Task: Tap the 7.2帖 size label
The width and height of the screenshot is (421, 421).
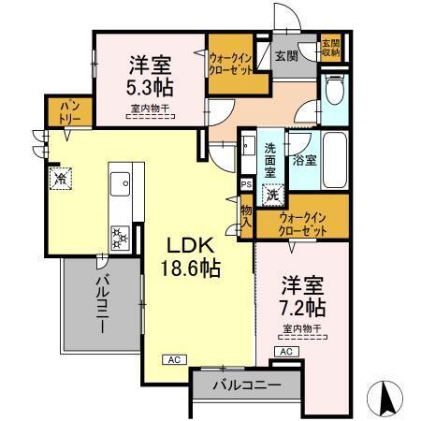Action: [301, 305]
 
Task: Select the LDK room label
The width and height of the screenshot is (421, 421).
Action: [192, 246]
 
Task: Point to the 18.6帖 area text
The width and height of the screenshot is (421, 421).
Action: [193, 269]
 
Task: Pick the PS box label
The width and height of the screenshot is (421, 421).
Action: [246, 185]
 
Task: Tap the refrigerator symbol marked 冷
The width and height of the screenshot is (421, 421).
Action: [59, 177]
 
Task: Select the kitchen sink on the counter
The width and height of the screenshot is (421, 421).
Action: [120, 185]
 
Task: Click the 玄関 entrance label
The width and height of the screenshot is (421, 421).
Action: [285, 55]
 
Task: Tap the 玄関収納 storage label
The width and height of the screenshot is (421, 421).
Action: [330, 48]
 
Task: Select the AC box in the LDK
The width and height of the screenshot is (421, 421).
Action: [173, 358]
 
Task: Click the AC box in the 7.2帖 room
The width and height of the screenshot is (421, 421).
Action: [286, 351]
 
